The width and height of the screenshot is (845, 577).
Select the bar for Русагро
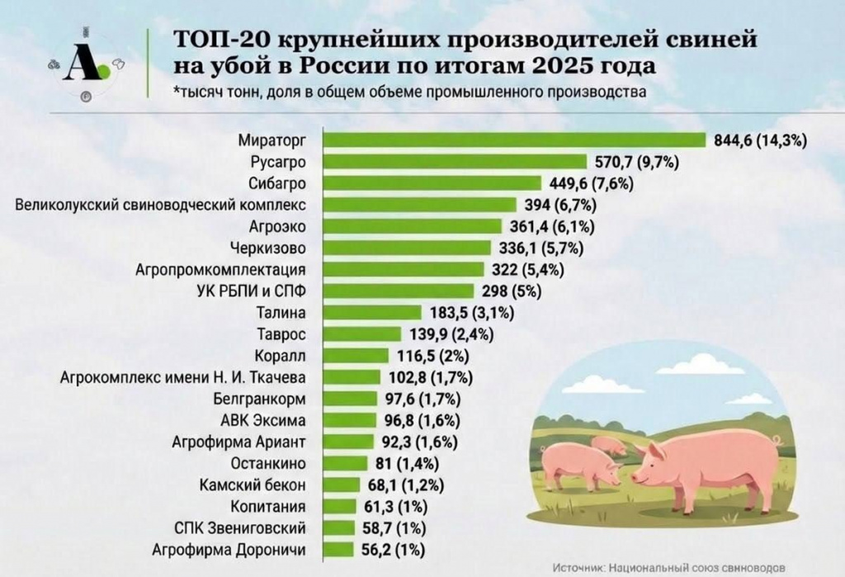pos(454,161)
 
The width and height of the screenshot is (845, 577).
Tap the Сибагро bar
pos(430,182)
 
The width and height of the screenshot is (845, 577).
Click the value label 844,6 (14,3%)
pos(759,140)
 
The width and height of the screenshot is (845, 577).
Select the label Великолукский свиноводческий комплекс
pos(162,204)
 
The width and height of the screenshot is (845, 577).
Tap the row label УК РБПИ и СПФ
pos(253,291)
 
